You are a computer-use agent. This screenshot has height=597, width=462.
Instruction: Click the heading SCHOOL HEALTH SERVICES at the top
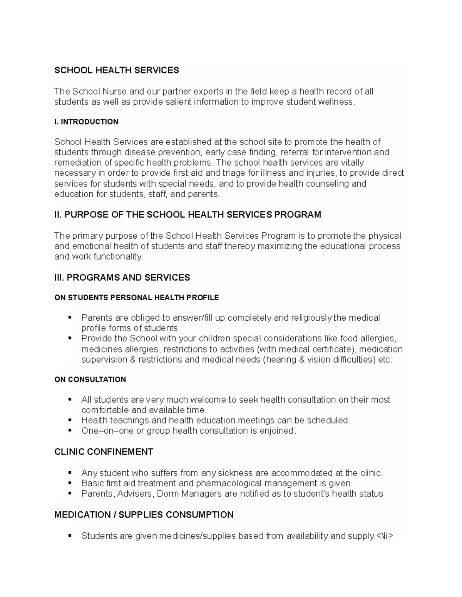pos(117,70)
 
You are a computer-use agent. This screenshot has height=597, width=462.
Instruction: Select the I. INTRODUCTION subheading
pos(86,122)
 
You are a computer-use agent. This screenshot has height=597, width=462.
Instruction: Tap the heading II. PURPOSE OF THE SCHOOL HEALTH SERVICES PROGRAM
pos(187,215)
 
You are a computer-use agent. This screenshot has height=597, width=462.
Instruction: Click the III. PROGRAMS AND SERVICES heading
pos(122,278)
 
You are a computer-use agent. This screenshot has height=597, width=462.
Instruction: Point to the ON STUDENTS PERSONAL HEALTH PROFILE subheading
pos(136,298)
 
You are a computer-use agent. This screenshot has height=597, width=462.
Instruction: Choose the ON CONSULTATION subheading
pos(90,379)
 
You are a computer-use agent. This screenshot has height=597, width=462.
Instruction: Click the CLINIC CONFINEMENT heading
pos(104,452)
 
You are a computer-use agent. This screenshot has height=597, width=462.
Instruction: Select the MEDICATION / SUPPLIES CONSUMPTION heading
pos(144,515)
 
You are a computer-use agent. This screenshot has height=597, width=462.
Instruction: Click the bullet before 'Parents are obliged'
pos(70,318)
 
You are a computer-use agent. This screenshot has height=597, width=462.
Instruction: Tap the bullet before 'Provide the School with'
pos(70,338)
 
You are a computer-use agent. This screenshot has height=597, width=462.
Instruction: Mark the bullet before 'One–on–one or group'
pos(70,431)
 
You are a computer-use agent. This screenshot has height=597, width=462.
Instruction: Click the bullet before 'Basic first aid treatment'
pos(70,483)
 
